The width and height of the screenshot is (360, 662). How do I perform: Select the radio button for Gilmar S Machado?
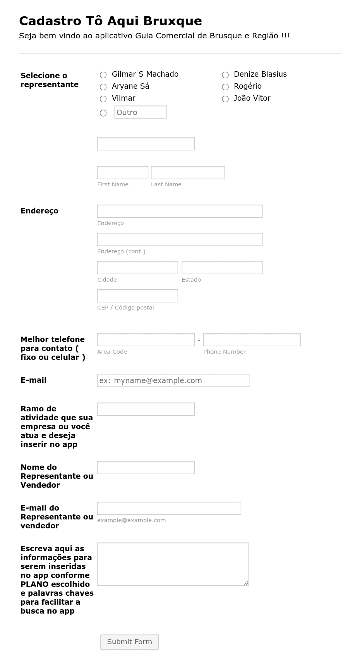click(x=103, y=75)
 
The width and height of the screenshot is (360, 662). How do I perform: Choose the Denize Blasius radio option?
click(x=225, y=75)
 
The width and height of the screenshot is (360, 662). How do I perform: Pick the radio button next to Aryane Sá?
click(x=103, y=87)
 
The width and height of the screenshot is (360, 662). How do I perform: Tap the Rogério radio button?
click(x=225, y=87)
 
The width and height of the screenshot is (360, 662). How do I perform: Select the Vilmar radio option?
click(x=103, y=99)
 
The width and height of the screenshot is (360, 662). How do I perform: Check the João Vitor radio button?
click(x=225, y=99)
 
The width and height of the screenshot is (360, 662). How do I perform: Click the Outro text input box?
click(x=140, y=112)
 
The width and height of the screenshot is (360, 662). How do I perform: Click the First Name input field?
click(x=122, y=173)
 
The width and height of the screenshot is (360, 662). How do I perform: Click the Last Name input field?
click(x=188, y=173)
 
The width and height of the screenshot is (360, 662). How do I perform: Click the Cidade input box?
click(x=137, y=268)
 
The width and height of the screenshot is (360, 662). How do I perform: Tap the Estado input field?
click(x=222, y=268)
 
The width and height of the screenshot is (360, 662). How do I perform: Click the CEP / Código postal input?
click(x=137, y=296)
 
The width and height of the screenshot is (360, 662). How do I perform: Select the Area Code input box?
click(x=146, y=340)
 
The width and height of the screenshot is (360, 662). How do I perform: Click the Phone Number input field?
click(x=252, y=340)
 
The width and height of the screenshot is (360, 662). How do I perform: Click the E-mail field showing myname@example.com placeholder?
click(x=173, y=380)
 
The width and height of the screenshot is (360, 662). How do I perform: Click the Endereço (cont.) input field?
click(x=180, y=239)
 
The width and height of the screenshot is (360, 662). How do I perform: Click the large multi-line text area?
click(x=173, y=564)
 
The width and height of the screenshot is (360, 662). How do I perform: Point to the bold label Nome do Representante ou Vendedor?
click(x=57, y=476)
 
